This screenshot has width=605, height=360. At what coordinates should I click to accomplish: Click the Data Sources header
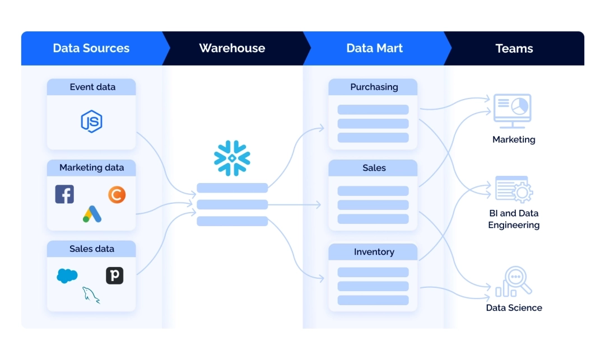pyautogui.click(x=91, y=48)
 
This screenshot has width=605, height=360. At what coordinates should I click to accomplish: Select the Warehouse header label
pyautogui.click(x=232, y=48)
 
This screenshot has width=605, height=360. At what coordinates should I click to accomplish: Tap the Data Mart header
pyautogui.click(x=374, y=48)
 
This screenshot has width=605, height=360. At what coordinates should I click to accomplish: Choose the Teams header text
pyautogui.click(x=514, y=48)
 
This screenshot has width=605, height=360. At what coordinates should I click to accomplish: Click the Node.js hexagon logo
pyautogui.click(x=91, y=121)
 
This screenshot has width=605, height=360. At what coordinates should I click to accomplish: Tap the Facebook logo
pyautogui.click(x=64, y=194)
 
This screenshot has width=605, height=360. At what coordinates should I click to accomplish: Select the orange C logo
pyautogui.click(x=117, y=194)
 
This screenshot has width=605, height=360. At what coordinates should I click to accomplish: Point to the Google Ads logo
pyautogui.click(x=91, y=214)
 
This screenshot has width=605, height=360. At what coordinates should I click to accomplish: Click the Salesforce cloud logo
pyautogui.click(x=67, y=275)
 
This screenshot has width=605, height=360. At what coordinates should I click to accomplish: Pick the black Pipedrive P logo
pyautogui.click(x=114, y=275)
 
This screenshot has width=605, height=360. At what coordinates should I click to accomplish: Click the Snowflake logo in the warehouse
pyautogui.click(x=232, y=158)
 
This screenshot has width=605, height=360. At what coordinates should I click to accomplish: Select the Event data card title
pyautogui.click(x=92, y=87)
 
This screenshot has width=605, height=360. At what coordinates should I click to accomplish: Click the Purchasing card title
pyautogui.click(x=374, y=87)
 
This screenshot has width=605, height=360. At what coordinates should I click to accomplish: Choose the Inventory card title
pyautogui.click(x=374, y=252)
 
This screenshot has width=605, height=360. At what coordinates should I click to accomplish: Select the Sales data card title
pyautogui.click(x=91, y=249)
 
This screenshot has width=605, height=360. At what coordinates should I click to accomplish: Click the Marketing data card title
pyautogui.click(x=91, y=167)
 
